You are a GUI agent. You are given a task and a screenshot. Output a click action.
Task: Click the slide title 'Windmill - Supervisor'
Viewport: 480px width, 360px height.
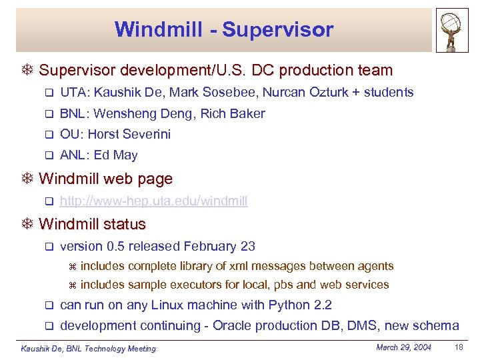(x=223, y=29)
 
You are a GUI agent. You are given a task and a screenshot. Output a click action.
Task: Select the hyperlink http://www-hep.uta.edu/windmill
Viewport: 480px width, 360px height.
(x=153, y=201)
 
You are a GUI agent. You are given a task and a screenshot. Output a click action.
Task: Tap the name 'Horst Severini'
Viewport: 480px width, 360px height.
(x=129, y=135)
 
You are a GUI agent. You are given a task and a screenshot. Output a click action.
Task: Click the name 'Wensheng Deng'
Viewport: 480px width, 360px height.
(x=133, y=114)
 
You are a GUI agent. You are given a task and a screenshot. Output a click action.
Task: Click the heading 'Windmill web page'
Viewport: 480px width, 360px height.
(x=105, y=179)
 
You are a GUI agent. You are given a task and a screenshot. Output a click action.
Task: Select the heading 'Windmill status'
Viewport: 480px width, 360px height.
(x=92, y=224)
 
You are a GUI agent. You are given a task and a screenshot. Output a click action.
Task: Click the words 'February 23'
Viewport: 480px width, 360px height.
(x=219, y=247)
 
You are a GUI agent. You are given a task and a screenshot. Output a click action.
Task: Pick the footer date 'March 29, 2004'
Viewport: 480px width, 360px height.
(x=403, y=347)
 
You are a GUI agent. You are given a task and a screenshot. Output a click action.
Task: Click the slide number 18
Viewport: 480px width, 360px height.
(x=458, y=347)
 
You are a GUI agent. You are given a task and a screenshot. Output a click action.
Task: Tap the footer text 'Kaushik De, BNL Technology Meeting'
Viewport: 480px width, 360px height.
(x=88, y=349)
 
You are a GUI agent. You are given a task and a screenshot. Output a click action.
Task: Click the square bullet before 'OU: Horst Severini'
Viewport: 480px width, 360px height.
(x=48, y=135)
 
